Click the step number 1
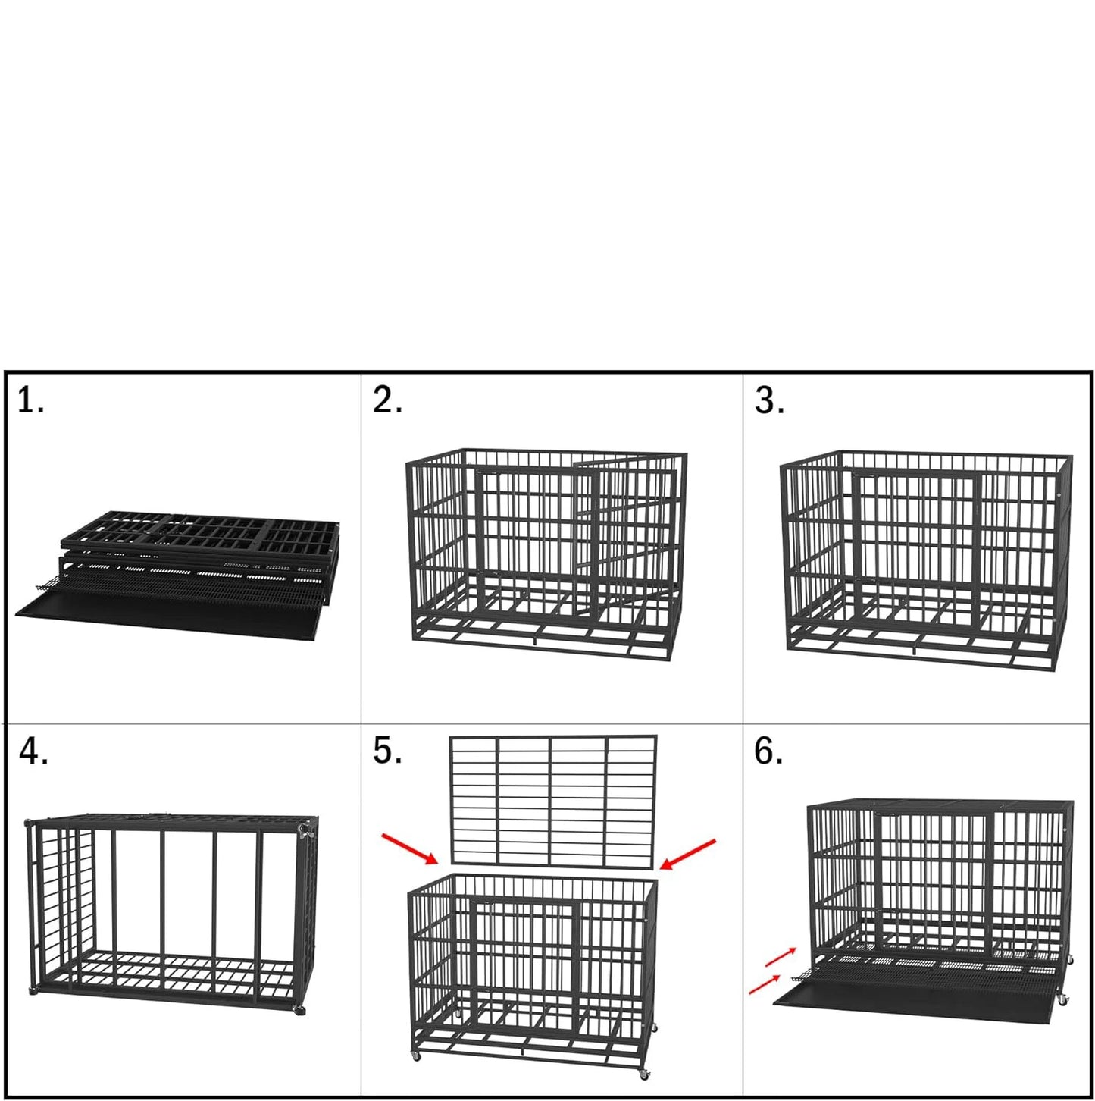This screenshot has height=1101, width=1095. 30,401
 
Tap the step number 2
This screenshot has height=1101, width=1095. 386,400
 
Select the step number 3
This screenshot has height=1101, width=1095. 768,401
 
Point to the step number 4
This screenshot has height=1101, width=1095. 33,751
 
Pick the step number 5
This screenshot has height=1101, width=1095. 386,750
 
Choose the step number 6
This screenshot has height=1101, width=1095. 768,751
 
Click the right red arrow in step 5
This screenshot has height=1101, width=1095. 687,854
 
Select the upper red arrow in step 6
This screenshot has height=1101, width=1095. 781,957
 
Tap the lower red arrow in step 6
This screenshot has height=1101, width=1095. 764,984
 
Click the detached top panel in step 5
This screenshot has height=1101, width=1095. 553,800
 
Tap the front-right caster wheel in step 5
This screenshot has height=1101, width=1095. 643,1074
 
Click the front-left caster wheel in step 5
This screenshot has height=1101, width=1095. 416,1056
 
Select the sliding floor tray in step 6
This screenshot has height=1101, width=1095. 909,993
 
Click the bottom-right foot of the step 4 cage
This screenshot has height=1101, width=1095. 299,1009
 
